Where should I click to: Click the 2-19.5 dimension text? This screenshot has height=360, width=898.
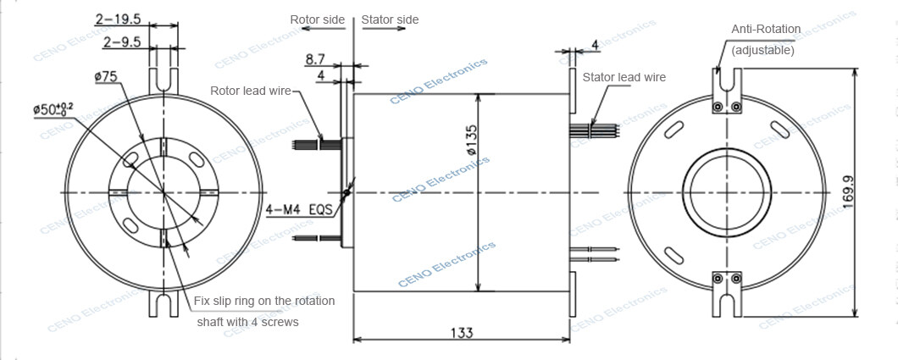coord(118,17)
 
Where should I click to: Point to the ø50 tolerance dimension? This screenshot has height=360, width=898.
coord(53,108)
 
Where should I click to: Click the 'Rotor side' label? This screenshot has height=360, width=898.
coord(317,19)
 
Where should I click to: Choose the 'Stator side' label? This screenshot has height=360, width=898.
coord(390,19)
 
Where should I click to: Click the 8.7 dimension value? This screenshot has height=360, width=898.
coord(315,58)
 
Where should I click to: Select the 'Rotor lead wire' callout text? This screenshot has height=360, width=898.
coord(251,91)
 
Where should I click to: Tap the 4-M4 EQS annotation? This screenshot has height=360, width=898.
coord(297,208)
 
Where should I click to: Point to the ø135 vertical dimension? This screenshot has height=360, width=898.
coord(471,140)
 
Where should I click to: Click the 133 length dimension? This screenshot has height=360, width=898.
coord(461,333)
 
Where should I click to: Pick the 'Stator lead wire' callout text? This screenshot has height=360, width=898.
coord(624,77)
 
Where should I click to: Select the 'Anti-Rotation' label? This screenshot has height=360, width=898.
coord(766,29)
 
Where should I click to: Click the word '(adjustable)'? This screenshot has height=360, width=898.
coord(763,50)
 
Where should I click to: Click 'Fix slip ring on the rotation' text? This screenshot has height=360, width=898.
coord(264,301)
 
